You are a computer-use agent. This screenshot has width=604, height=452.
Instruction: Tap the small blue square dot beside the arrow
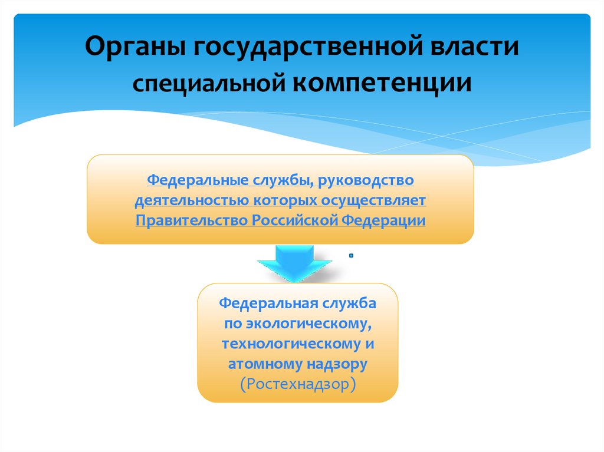(x=350, y=255)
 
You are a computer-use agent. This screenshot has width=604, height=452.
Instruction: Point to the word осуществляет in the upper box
(x=373, y=200)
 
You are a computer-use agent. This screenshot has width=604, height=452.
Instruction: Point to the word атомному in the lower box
(x=262, y=364)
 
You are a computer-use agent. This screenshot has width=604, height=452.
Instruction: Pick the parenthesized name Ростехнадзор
(x=298, y=385)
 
